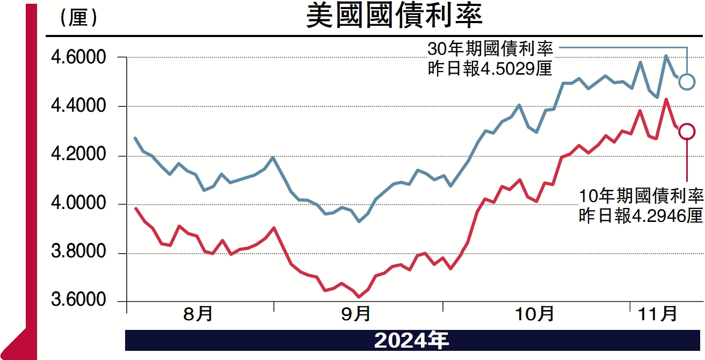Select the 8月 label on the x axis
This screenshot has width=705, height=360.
198,314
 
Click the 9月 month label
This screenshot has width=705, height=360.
355,314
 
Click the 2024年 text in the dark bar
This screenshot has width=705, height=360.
411,341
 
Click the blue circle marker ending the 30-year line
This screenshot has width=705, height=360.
687,82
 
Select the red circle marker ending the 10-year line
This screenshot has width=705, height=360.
687,131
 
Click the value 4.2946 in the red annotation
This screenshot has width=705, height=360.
657,216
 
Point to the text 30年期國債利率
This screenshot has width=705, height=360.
490,50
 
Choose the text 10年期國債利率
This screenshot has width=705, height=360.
641,196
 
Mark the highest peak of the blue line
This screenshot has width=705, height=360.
665,56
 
